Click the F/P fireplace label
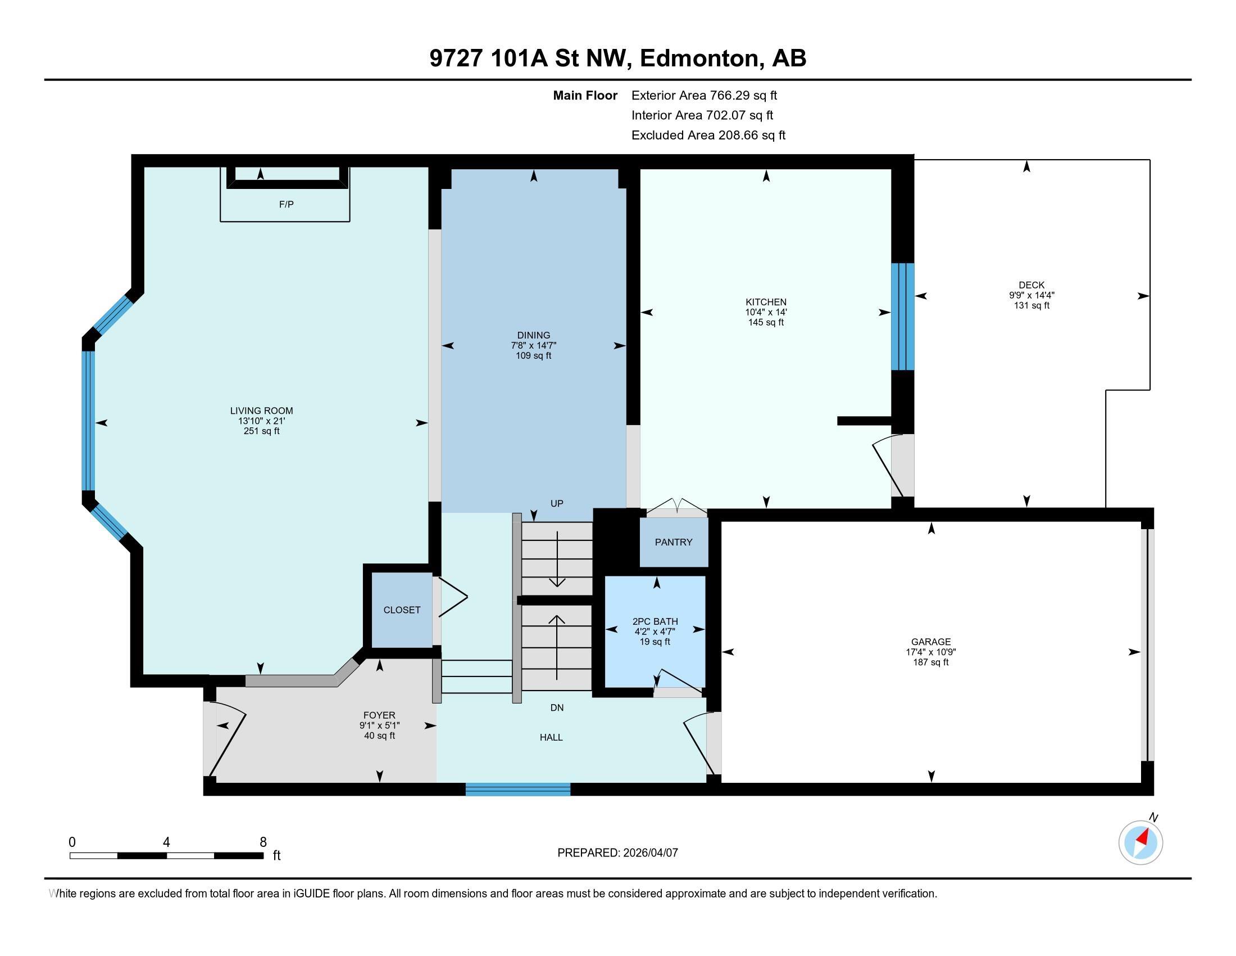(287, 205)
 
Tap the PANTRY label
(674, 542)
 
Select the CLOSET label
(402, 610)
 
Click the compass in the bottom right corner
(1140, 842)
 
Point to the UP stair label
(557, 503)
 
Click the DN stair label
(557, 707)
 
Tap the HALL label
(551, 737)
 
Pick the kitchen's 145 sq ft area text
(766, 322)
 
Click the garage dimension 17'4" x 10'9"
(931, 652)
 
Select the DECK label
(1031, 285)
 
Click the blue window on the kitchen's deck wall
(903, 317)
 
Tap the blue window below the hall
(518, 790)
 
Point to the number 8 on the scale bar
(263, 842)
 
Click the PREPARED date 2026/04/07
(649, 853)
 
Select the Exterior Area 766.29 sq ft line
(705, 95)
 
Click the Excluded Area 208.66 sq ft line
(708, 135)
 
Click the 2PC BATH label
(655, 621)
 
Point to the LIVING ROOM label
(261, 411)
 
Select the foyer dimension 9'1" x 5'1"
(379, 725)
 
